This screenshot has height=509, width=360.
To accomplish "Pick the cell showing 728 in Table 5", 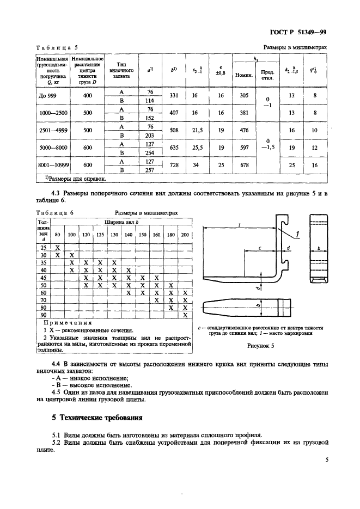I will [174, 165].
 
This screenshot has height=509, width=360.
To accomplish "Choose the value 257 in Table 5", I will [150, 170].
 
